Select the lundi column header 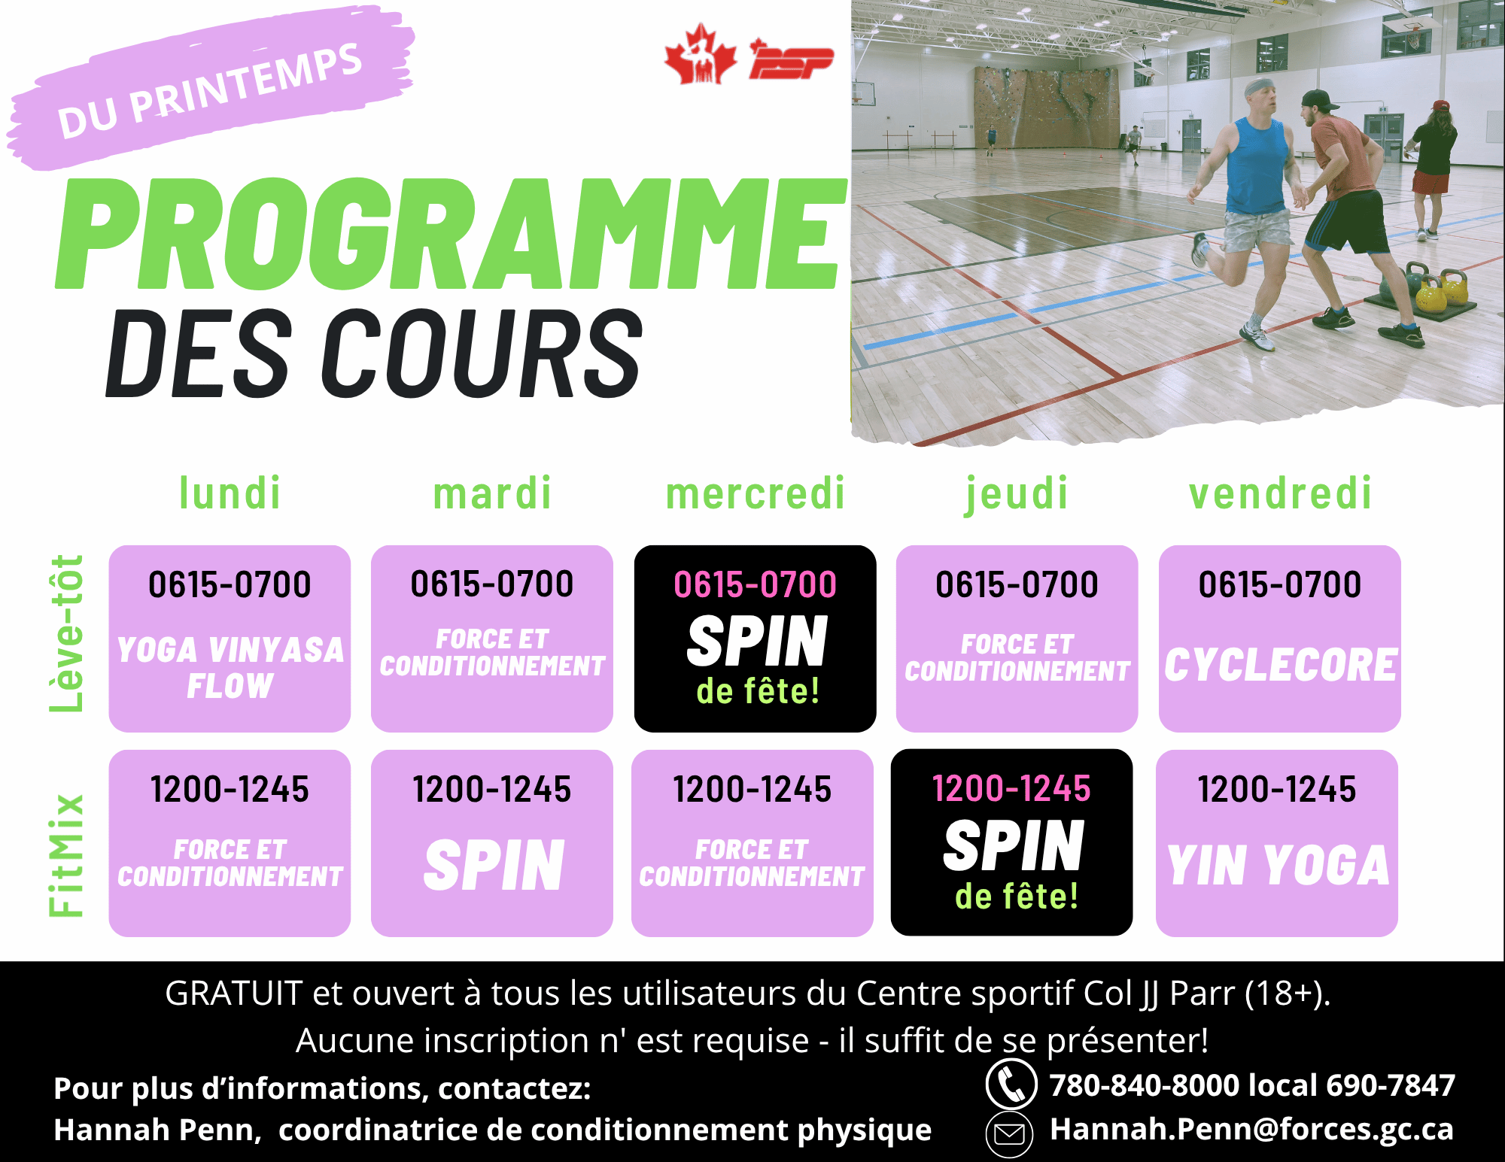(230, 493)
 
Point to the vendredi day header (1280, 493)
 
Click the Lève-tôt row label (66, 633)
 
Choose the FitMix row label (66, 855)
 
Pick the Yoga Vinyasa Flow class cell (230, 639)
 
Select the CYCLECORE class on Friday (1280, 639)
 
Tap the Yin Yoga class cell (1277, 843)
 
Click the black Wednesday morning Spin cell (756, 639)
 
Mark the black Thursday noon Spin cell (1011, 842)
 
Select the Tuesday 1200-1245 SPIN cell (492, 843)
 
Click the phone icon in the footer (1011, 1084)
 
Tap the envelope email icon (1010, 1133)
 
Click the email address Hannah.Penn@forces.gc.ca (1251, 1129)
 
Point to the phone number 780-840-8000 (1144, 1085)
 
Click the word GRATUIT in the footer (234, 994)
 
